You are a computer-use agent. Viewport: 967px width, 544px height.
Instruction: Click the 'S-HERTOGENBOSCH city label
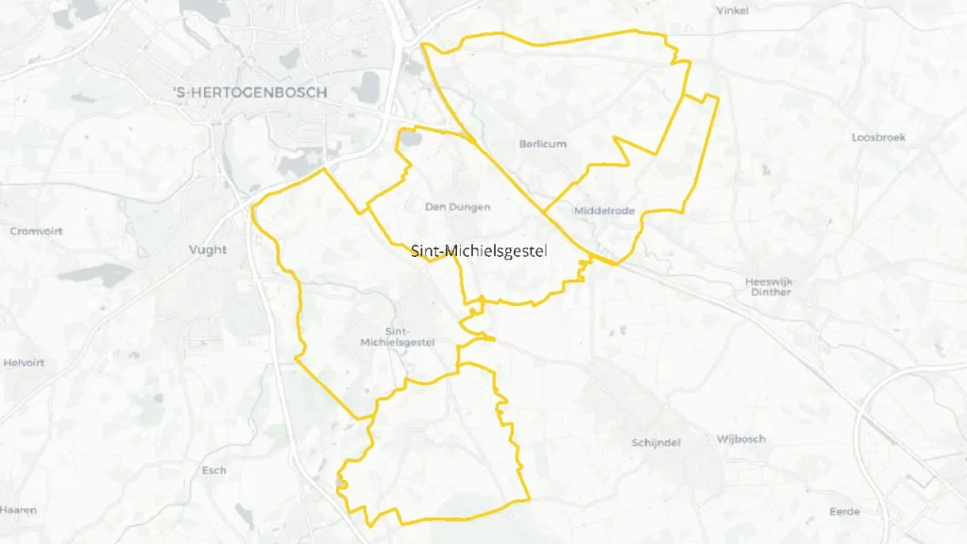click(250, 93)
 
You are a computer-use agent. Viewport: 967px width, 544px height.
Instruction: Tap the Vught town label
click(208, 250)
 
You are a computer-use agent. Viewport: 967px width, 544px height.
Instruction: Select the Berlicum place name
click(543, 144)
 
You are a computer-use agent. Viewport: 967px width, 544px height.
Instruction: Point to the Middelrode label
click(604, 212)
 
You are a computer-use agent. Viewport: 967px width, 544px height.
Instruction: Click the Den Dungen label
click(458, 207)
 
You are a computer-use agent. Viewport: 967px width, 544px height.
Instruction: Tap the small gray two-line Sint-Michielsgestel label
click(398, 337)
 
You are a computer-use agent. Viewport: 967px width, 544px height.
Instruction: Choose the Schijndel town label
click(655, 442)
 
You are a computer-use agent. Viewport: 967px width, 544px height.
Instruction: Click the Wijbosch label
click(741, 439)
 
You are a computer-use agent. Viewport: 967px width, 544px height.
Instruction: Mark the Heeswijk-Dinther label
click(771, 287)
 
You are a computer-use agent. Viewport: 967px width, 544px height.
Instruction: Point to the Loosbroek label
click(878, 138)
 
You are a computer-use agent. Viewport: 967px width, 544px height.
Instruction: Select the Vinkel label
click(732, 11)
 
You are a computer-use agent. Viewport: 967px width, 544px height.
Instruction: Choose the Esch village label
click(214, 470)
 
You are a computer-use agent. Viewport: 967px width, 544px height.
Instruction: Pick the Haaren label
click(19, 510)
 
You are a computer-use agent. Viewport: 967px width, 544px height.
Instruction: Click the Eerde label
click(843, 511)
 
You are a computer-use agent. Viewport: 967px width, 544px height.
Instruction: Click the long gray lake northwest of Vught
click(94, 275)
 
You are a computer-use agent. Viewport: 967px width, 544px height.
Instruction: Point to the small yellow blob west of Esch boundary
click(342, 485)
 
